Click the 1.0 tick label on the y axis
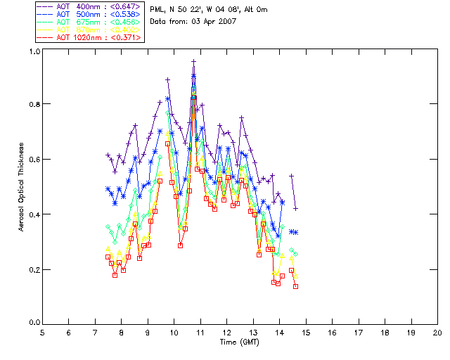[x=34, y=52]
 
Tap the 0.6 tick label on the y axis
[x=34, y=160]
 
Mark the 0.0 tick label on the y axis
[x=34, y=323]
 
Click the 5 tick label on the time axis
[x=42, y=333]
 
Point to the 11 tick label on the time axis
[x=200, y=333]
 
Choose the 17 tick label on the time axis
[x=359, y=333]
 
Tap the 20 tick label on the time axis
[x=437, y=333]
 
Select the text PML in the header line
[x=158, y=10]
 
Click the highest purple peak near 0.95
[x=193, y=61]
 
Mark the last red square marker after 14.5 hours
[x=295, y=286]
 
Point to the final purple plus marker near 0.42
[x=295, y=208]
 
